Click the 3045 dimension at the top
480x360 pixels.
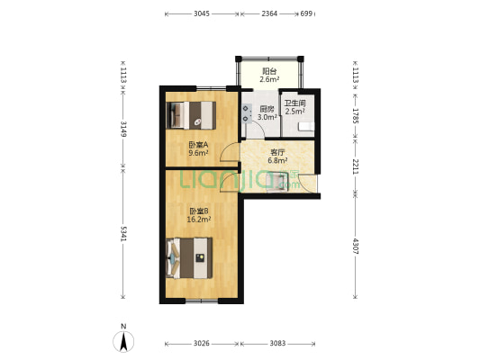[202, 13]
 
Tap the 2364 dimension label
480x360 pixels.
[269, 13]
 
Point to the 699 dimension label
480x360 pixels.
[306, 13]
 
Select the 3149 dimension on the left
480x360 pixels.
[123, 129]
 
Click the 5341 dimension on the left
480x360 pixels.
[123, 234]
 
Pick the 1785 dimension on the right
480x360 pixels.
[355, 115]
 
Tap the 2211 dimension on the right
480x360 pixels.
[355, 166]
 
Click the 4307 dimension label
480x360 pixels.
[355, 247]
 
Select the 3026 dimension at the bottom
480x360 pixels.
[202, 344]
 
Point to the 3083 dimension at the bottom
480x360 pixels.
[277, 344]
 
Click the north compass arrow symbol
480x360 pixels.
[123, 341]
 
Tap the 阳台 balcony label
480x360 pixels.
[269, 71]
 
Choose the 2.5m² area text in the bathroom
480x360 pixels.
[294, 112]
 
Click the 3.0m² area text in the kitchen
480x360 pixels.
[267, 117]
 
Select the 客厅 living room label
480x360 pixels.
[277, 152]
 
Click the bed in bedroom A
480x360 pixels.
[191, 115]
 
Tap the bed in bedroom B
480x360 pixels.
[189, 258]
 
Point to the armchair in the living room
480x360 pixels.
[277, 183]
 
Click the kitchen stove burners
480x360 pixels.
[246, 113]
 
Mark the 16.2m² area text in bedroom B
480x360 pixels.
[199, 220]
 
